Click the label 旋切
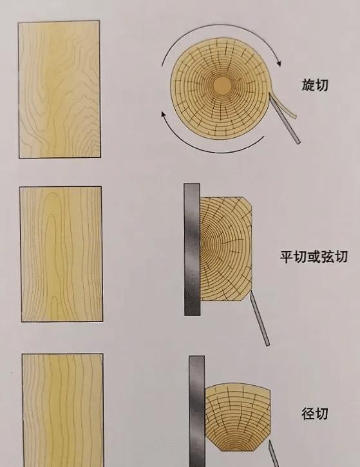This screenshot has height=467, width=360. pyautogui.click(x=315, y=85)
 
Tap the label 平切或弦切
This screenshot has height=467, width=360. pyautogui.click(x=314, y=257)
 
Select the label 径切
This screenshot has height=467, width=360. pyautogui.click(x=315, y=414)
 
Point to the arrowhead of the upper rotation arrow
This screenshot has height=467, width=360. pyautogui.click(x=278, y=63)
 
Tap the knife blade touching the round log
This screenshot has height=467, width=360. pyautogui.click(x=285, y=119)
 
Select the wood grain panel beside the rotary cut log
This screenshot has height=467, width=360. pyautogui.click(x=59, y=89)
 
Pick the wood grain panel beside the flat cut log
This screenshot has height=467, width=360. pyautogui.click(x=61, y=254)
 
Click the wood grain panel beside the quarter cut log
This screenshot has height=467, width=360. pyautogui.click(x=63, y=410)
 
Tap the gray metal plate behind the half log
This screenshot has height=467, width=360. pyautogui.click(x=192, y=249)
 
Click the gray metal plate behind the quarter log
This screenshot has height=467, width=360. pyautogui.click(x=197, y=412)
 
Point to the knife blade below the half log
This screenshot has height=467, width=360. pyautogui.click(x=260, y=318)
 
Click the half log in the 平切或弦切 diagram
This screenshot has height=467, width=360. pyautogui.click(x=226, y=249)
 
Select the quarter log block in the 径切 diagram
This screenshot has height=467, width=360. pyautogui.click(x=238, y=417)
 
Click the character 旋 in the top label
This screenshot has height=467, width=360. pyautogui.click(x=308, y=85)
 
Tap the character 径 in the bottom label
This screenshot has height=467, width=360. pyautogui.click(x=308, y=414)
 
